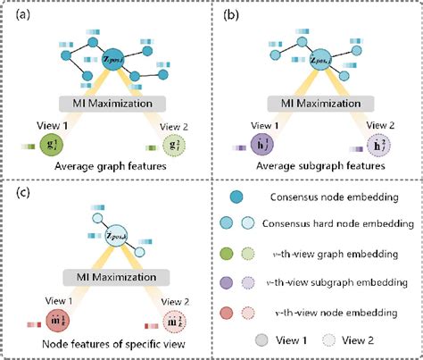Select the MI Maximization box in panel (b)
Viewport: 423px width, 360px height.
(317, 102)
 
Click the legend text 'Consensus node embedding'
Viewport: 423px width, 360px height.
(335, 197)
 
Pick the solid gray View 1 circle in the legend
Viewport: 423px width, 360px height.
(261, 340)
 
